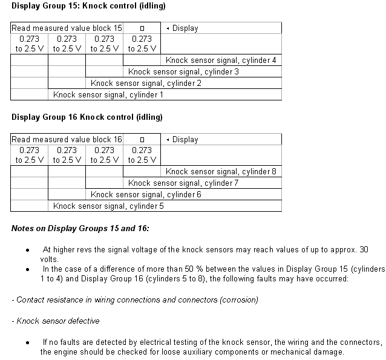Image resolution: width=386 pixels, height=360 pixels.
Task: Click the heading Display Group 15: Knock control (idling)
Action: pos(88,6)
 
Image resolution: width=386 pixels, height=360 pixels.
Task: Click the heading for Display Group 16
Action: pos(87,117)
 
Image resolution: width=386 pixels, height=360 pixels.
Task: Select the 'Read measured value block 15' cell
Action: pos(67,28)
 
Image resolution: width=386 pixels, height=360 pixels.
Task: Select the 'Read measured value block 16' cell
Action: pos(67,139)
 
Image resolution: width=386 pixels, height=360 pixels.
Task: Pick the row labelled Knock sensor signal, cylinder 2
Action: pos(146,83)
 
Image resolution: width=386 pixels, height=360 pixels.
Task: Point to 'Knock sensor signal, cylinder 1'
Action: pos(108,94)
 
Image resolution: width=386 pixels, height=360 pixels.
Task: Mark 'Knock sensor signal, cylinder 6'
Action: pos(146,194)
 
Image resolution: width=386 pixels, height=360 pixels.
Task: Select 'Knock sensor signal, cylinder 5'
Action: pos(108,206)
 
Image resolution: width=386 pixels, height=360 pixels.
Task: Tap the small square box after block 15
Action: pos(142,28)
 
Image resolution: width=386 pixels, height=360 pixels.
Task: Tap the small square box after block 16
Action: pos(142,140)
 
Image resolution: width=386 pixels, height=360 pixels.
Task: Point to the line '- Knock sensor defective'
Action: pos(56,321)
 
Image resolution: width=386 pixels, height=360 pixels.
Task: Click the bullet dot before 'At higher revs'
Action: pos(27,250)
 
